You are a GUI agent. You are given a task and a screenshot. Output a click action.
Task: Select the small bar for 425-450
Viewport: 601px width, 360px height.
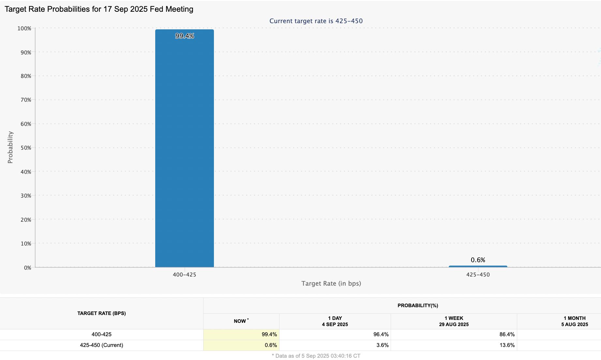click(x=478, y=266)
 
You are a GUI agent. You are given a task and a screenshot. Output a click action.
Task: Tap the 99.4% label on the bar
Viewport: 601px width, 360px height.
click(x=185, y=36)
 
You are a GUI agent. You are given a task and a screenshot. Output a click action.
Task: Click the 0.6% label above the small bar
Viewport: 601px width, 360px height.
click(x=478, y=260)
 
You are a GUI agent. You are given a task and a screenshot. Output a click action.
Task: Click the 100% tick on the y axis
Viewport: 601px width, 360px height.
click(x=24, y=28)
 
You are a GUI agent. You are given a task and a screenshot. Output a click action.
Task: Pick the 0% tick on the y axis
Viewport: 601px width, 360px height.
click(x=27, y=268)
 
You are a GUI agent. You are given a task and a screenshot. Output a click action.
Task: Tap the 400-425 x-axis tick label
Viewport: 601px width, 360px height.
click(x=184, y=275)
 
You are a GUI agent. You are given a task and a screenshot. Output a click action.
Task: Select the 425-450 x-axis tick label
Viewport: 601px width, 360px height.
click(x=478, y=275)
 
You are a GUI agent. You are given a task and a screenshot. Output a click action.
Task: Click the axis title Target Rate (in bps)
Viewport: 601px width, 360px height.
click(x=331, y=283)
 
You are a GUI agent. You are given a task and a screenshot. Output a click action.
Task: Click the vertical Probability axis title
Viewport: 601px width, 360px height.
click(x=10, y=147)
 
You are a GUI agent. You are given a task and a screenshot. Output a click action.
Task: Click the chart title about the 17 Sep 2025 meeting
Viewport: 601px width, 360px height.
click(x=99, y=9)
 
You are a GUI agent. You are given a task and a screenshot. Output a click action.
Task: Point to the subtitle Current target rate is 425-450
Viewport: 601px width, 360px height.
click(x=316, y=21)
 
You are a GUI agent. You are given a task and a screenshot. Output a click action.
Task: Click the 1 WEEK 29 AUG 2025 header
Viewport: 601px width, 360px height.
click(x=454, y=321)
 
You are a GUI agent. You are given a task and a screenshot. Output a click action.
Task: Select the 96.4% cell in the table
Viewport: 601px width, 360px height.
click(x=381, y=335)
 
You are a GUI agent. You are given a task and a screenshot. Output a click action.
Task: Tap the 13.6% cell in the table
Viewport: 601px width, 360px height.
click(x=507, y=345)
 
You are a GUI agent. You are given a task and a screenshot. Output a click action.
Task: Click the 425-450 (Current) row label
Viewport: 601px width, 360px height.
click(x=101, y=345)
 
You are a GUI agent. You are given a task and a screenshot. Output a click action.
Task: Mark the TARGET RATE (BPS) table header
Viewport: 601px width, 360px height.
click(x=101, y=313)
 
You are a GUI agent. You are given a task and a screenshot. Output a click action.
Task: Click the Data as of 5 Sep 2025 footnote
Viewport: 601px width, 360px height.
click(x=316, y=356)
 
